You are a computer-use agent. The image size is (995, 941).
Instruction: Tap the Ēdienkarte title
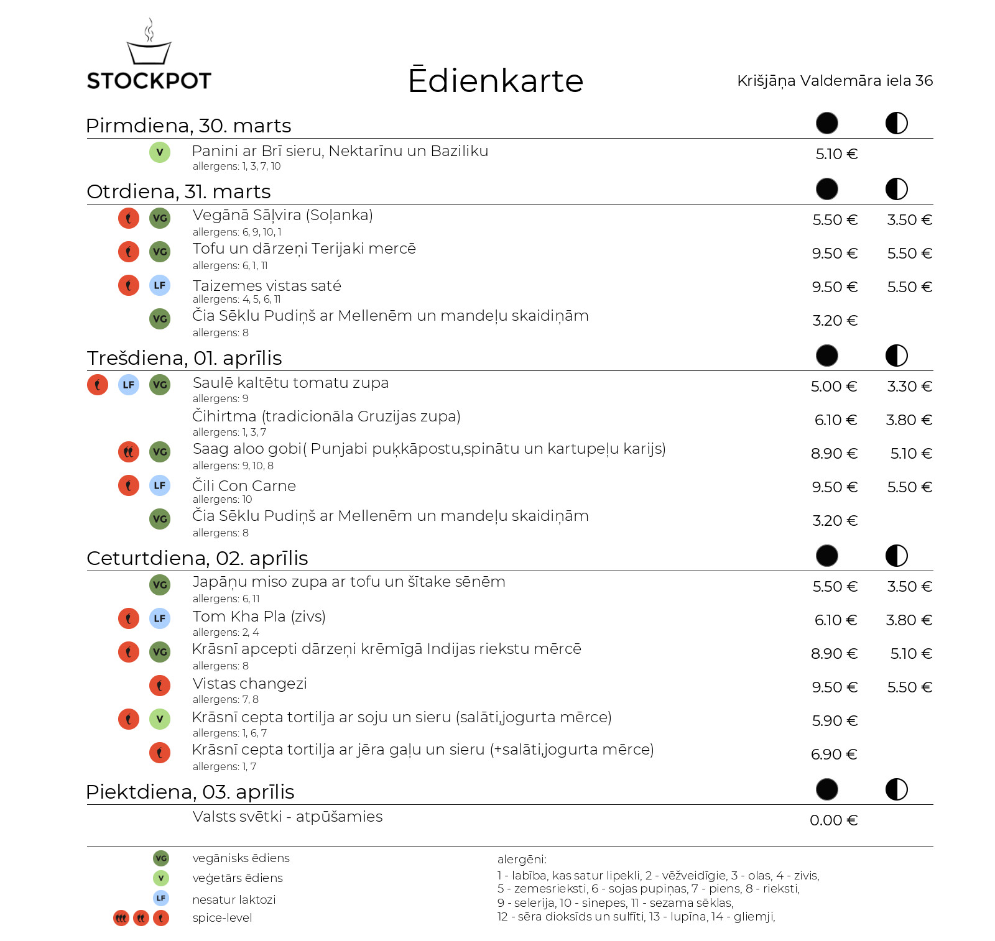496,81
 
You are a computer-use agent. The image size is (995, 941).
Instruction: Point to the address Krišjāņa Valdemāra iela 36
835,81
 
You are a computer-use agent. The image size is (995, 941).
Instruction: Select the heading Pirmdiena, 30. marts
188,126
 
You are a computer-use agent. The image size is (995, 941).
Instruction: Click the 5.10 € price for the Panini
836,154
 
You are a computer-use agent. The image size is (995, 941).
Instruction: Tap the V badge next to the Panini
160,152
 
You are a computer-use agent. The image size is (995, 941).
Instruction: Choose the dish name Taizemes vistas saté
267,286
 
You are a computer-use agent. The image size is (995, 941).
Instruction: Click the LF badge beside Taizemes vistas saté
160,285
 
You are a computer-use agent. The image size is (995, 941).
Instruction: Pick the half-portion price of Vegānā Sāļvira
909,220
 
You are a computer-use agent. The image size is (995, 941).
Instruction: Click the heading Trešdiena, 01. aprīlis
184,358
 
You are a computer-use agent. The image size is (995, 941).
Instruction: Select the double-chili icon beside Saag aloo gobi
129,452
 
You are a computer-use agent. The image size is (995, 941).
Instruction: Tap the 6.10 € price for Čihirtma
835,420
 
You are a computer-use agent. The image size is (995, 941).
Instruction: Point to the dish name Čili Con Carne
244,486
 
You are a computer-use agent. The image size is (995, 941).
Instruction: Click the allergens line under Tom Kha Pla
226,632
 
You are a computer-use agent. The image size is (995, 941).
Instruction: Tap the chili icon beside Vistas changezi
160,686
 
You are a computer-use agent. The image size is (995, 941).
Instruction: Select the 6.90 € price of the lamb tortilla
834,755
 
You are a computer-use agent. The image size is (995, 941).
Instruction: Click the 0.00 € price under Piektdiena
833,820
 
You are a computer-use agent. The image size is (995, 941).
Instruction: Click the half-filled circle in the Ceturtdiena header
896,556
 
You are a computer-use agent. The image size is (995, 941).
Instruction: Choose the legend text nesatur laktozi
234,899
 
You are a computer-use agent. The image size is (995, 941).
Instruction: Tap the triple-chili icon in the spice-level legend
121,918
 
